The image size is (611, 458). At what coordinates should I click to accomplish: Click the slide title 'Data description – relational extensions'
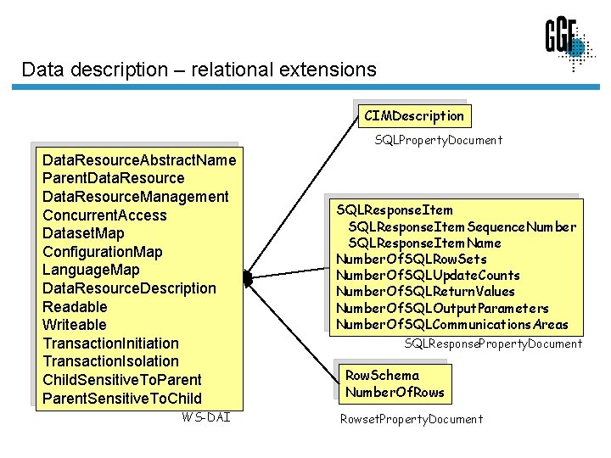pos(199,69)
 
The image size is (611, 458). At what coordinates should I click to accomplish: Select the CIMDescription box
pos(413,115)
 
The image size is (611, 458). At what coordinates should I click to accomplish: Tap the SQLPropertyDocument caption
pos(438,140)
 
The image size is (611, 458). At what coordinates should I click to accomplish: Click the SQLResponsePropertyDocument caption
pos(493,343)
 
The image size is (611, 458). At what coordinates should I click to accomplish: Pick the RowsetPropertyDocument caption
pos(411,419)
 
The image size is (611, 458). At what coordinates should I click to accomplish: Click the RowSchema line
pos(382,375)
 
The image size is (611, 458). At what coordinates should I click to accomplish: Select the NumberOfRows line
pos(395,392)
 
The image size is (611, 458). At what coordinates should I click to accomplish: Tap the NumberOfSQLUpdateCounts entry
pos(428,275)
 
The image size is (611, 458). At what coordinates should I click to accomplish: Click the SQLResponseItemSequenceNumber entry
pos(462,226)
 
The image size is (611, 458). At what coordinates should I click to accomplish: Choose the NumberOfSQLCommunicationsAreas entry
pos(452,324)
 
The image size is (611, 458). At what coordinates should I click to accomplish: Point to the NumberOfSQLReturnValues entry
pos(425,291)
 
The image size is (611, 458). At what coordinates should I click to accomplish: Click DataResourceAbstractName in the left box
pos(139,159)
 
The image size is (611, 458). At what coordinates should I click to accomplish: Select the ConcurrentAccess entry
pos(104,215)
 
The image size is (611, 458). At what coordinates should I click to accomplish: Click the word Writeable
pos(75,325)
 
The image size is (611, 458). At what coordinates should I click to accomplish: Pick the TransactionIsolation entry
pos(111,361)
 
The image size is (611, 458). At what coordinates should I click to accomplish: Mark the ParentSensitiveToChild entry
pos(122,398)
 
